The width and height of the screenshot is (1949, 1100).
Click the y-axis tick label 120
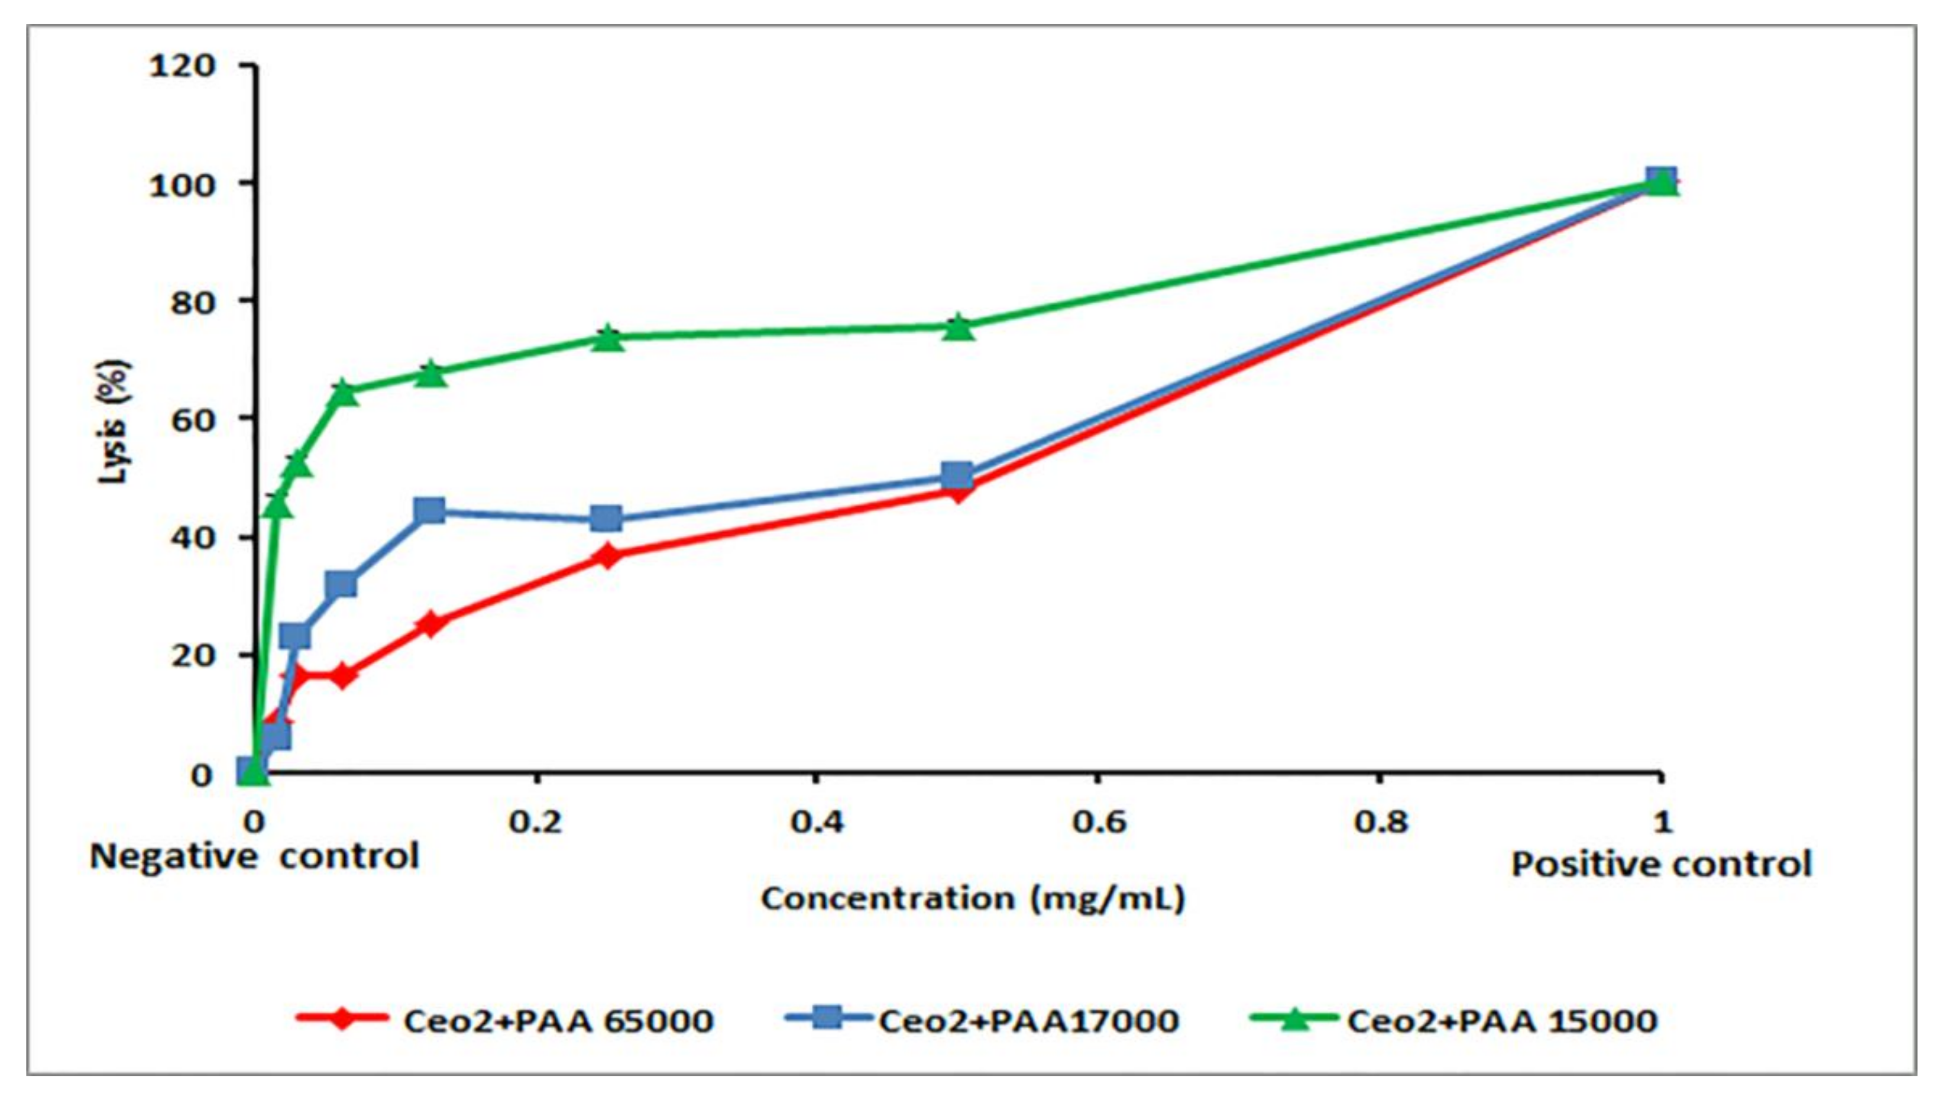click(182, 66)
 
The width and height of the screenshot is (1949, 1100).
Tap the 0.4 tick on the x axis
click(817, 821)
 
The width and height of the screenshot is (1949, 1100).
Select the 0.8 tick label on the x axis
click(1381, 821)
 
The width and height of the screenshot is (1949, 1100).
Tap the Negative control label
click(254, 857)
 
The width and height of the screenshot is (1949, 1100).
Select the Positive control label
click(1661, 863)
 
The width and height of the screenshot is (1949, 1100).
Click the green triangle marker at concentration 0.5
click(958, 327)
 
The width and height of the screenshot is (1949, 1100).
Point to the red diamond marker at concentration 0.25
click(607, 556)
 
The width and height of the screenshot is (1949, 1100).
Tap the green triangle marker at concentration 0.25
click(607, 338)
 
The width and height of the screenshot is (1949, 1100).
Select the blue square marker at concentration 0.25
click(607, 519)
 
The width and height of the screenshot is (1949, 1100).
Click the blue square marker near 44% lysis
click(430, 510)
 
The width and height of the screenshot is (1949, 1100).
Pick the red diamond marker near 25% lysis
click(430, 624)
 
